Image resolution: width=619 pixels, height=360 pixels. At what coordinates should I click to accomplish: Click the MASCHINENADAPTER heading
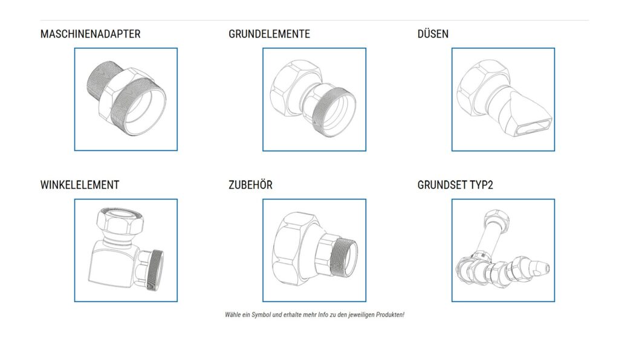(91, 34)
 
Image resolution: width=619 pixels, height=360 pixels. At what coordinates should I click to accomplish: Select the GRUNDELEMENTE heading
(269, 34)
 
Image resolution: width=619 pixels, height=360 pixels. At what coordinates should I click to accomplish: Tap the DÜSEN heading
(433, 34)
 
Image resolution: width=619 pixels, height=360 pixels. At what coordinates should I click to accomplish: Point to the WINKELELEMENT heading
(80, 185)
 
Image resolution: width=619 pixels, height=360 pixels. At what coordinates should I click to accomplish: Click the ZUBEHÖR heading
(250, 185)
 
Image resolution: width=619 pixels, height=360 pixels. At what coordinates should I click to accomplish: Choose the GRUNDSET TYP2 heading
(455, 185)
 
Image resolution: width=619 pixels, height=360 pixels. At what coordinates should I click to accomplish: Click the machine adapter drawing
(126, 99)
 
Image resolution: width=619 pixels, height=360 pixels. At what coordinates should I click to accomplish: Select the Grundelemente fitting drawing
(314, 99)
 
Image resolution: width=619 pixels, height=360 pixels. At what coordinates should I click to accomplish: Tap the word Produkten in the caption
(390, 315)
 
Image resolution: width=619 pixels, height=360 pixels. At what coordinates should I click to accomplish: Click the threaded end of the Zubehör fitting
(345, 257)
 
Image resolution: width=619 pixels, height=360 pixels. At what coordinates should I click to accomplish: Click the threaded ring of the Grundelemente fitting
(334, 112)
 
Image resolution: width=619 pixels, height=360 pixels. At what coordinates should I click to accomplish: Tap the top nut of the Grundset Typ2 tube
(496, 219)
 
